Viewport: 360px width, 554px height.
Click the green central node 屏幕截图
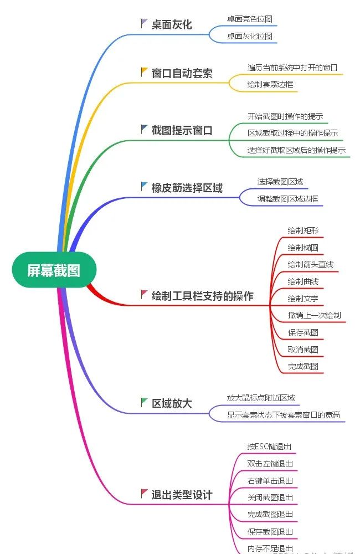(54, 270)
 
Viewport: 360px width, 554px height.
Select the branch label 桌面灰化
(172, 24)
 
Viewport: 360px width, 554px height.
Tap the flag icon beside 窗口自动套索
(145, 72)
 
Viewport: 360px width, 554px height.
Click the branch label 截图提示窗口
(182, 130)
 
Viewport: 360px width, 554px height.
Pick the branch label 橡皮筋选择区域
(187, 188)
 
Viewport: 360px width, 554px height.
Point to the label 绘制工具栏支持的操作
(202, 296)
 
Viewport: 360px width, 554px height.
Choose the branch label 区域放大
(172, 403)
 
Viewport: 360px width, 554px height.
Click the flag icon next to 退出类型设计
(145, 493)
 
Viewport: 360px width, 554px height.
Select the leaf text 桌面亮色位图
(249, 19)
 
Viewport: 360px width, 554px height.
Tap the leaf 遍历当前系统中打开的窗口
(292, 68)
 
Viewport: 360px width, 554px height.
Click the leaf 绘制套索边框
(270, 85)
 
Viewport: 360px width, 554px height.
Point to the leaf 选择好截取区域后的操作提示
(296, 150)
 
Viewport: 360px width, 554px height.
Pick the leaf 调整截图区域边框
(287, 199)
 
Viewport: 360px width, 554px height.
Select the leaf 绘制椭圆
(303, 248)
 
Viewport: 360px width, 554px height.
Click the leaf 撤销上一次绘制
(314, 315)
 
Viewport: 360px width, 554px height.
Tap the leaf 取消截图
(303, 350)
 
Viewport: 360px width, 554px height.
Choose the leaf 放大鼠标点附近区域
(261, 398)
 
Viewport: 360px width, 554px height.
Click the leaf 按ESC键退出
(269, 447)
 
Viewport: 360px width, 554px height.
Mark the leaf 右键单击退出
(270, 481)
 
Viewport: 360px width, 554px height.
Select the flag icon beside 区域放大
(145, 402)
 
